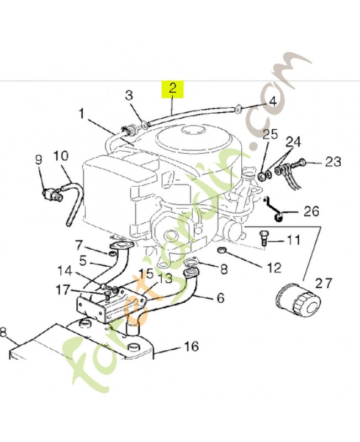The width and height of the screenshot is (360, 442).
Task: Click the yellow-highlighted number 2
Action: (x=172, y=88)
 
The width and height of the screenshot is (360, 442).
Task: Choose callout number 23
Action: (x=333, y=162)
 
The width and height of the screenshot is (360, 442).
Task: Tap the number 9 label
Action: (x=38, y=160)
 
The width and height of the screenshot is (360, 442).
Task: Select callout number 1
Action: (x=82, y=114)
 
